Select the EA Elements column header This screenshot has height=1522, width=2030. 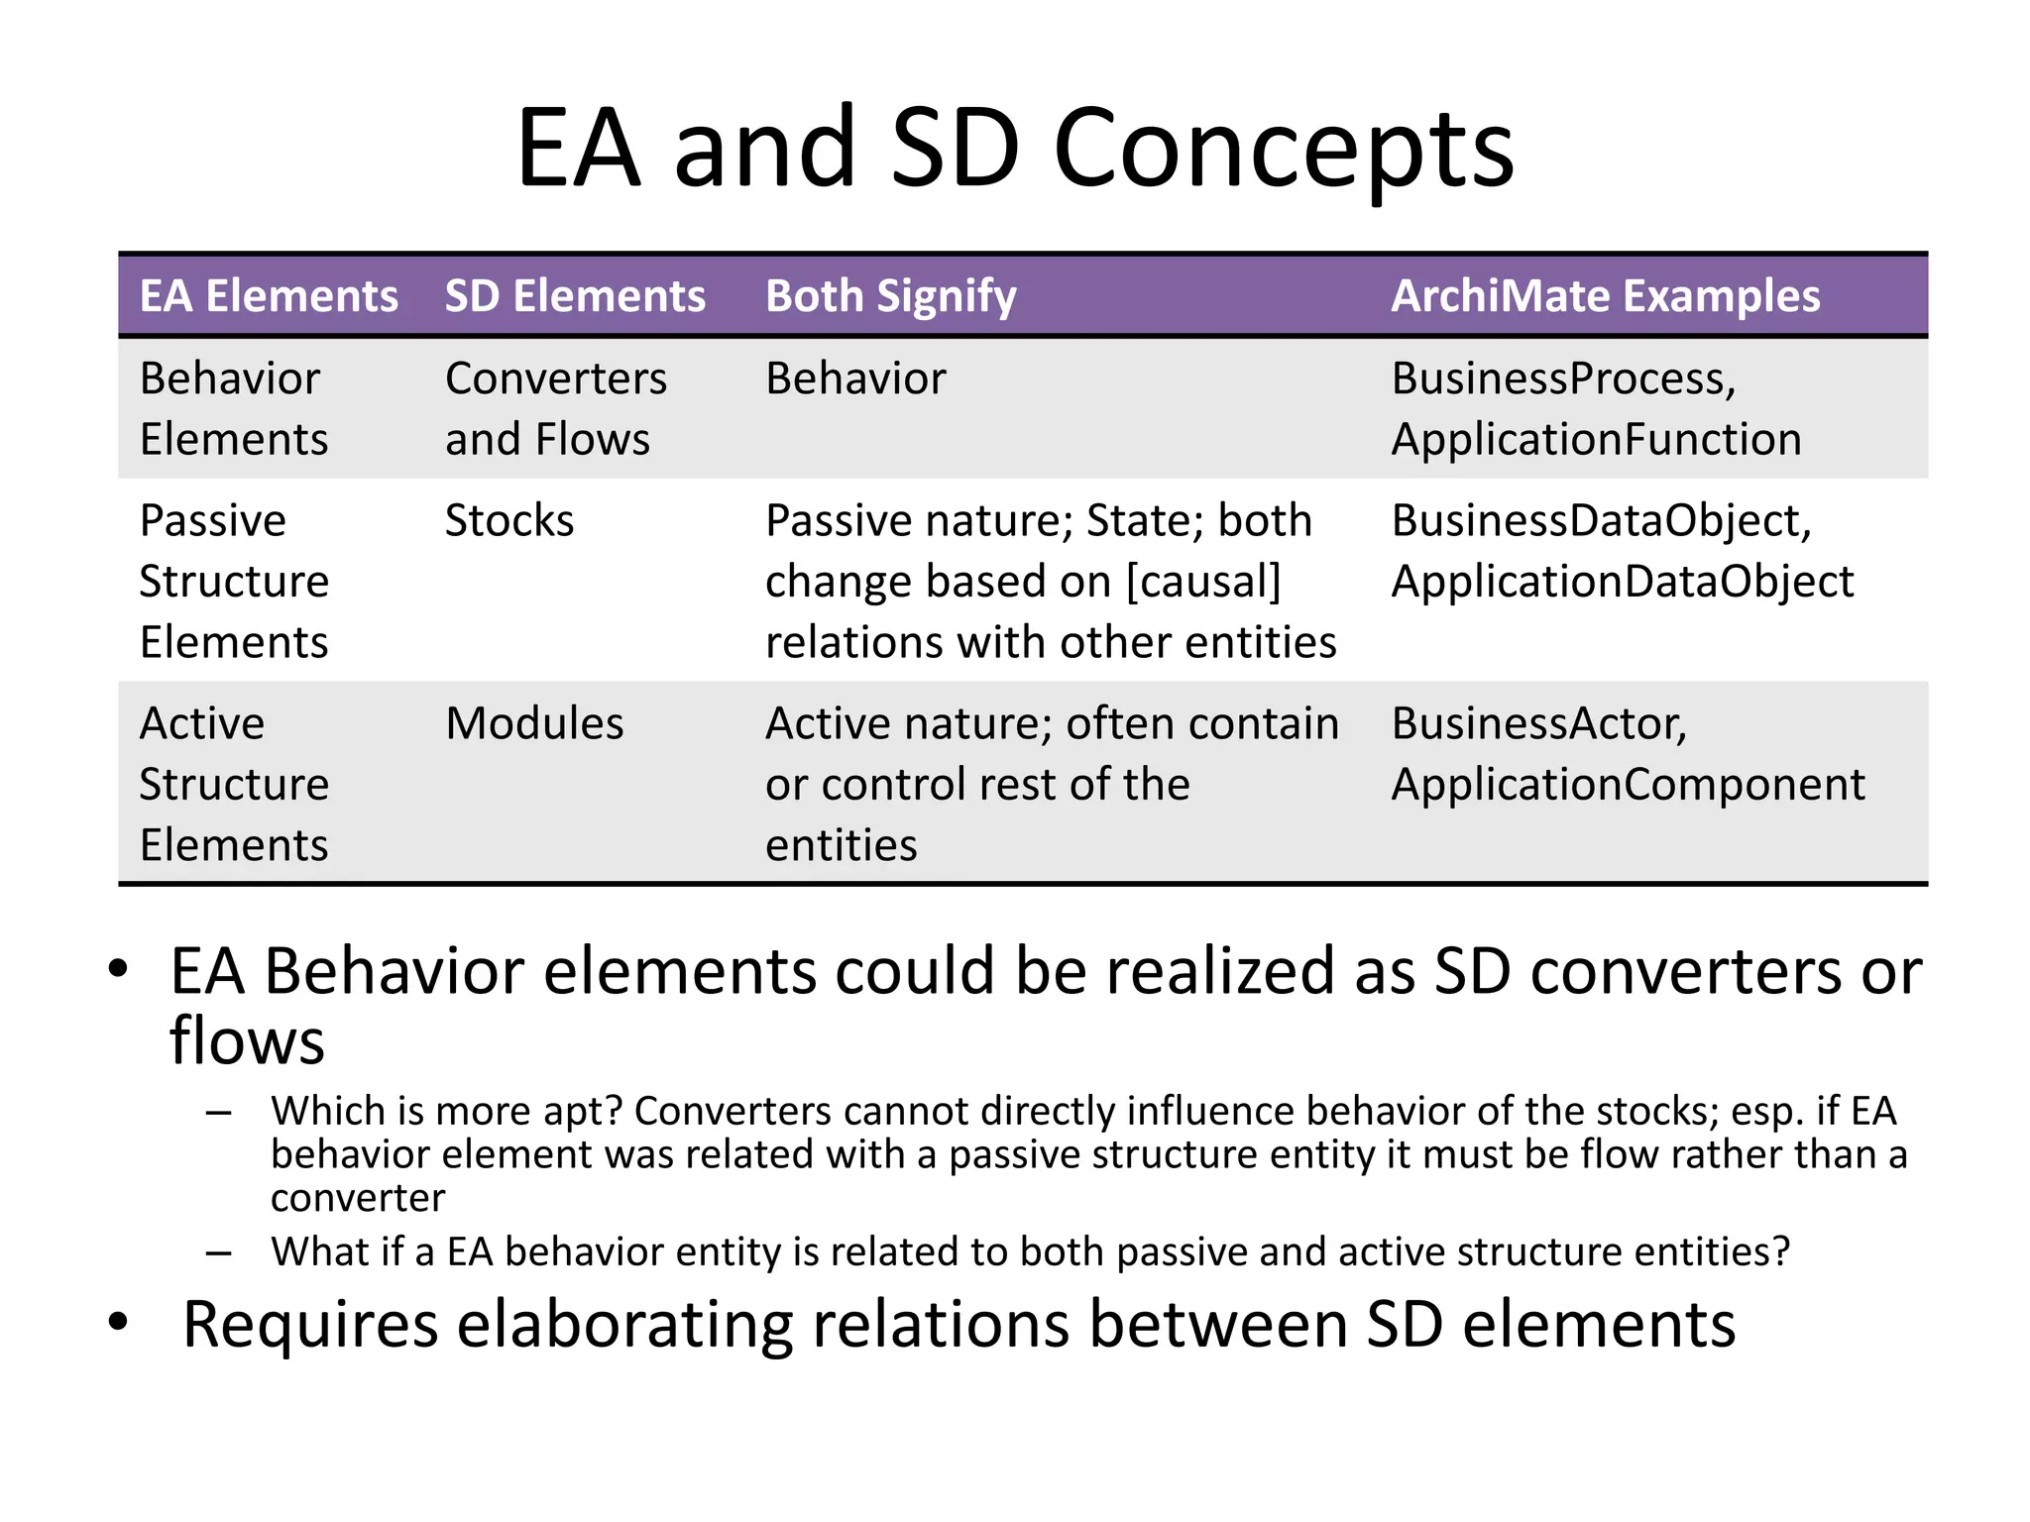point(269,296)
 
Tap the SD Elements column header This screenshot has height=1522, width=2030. point(575,296)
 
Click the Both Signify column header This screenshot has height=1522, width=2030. point(890,296)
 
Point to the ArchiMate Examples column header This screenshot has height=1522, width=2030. point(1605,296)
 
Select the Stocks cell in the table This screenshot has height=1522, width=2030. point(509,520)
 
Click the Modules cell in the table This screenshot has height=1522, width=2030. point(534,723)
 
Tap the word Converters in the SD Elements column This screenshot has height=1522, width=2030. point(556,379)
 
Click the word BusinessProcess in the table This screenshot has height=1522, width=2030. point(1560,379)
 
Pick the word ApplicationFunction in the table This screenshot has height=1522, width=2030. point(1596,439)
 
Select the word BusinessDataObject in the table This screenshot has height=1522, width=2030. point(1599,520)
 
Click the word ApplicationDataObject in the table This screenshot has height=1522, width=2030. point(1622,582)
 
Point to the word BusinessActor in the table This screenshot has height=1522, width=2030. point(1536,723)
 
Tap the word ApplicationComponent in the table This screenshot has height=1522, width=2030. point(1628,785)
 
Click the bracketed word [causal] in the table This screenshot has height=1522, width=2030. point(1203,582)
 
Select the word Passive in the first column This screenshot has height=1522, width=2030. point(212,520)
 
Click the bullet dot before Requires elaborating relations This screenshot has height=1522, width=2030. point(119,1322)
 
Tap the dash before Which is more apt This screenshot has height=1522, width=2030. point(219,1113)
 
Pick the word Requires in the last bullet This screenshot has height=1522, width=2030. point(310,1325)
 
